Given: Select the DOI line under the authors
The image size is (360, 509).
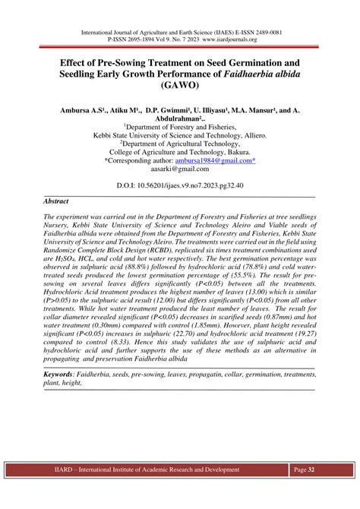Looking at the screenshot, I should click(180, 185).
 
